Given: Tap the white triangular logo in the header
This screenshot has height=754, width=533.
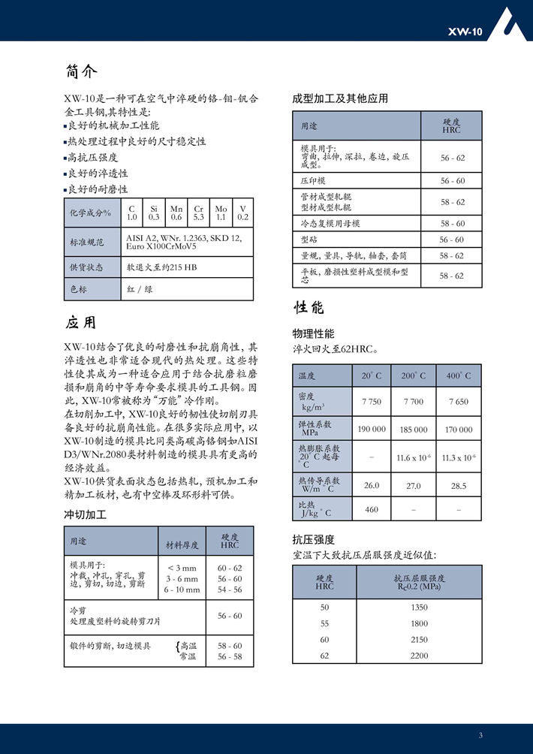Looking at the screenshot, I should tap(513, 23).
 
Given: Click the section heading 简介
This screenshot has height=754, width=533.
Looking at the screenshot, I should tap(81, 72).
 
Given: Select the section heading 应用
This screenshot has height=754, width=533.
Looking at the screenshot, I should tap(81, 323).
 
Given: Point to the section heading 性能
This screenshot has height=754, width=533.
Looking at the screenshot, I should tap(309, 307).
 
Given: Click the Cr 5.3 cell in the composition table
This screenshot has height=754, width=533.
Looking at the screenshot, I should tap(199, 213).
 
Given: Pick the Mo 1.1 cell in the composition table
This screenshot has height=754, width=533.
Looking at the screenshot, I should tap(221, 213).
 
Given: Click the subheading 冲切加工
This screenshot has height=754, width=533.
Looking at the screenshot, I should tap(85, 515).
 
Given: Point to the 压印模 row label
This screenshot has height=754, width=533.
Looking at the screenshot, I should tap(313, 181).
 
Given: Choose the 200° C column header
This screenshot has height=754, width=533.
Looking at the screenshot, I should tap(413, 375).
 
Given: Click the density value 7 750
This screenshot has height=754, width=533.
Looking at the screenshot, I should tap(372, 402).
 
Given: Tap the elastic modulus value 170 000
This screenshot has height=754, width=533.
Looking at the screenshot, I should tap(459, 430).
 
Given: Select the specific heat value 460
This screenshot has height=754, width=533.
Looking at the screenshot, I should tap(372, 510).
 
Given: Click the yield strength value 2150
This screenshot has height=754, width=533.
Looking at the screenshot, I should tap(420, 639).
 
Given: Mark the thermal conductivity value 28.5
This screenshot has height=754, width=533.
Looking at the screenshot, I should tap(459, 486).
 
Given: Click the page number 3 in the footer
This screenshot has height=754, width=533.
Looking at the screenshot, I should tap(480, 734).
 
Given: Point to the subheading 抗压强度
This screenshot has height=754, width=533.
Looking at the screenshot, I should tap(313, 539).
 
